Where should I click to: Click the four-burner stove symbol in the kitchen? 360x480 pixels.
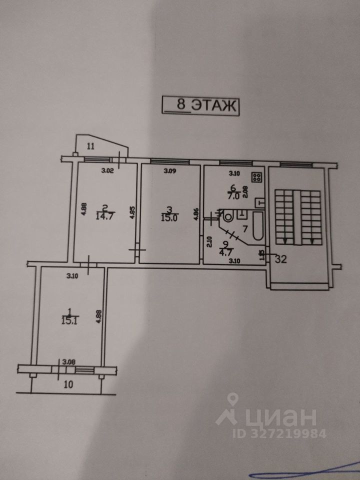257,177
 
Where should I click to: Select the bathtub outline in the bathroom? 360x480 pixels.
257,226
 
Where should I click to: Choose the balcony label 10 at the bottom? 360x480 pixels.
68,384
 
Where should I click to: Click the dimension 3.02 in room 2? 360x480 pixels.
107,170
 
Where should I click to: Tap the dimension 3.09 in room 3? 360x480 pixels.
171,170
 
